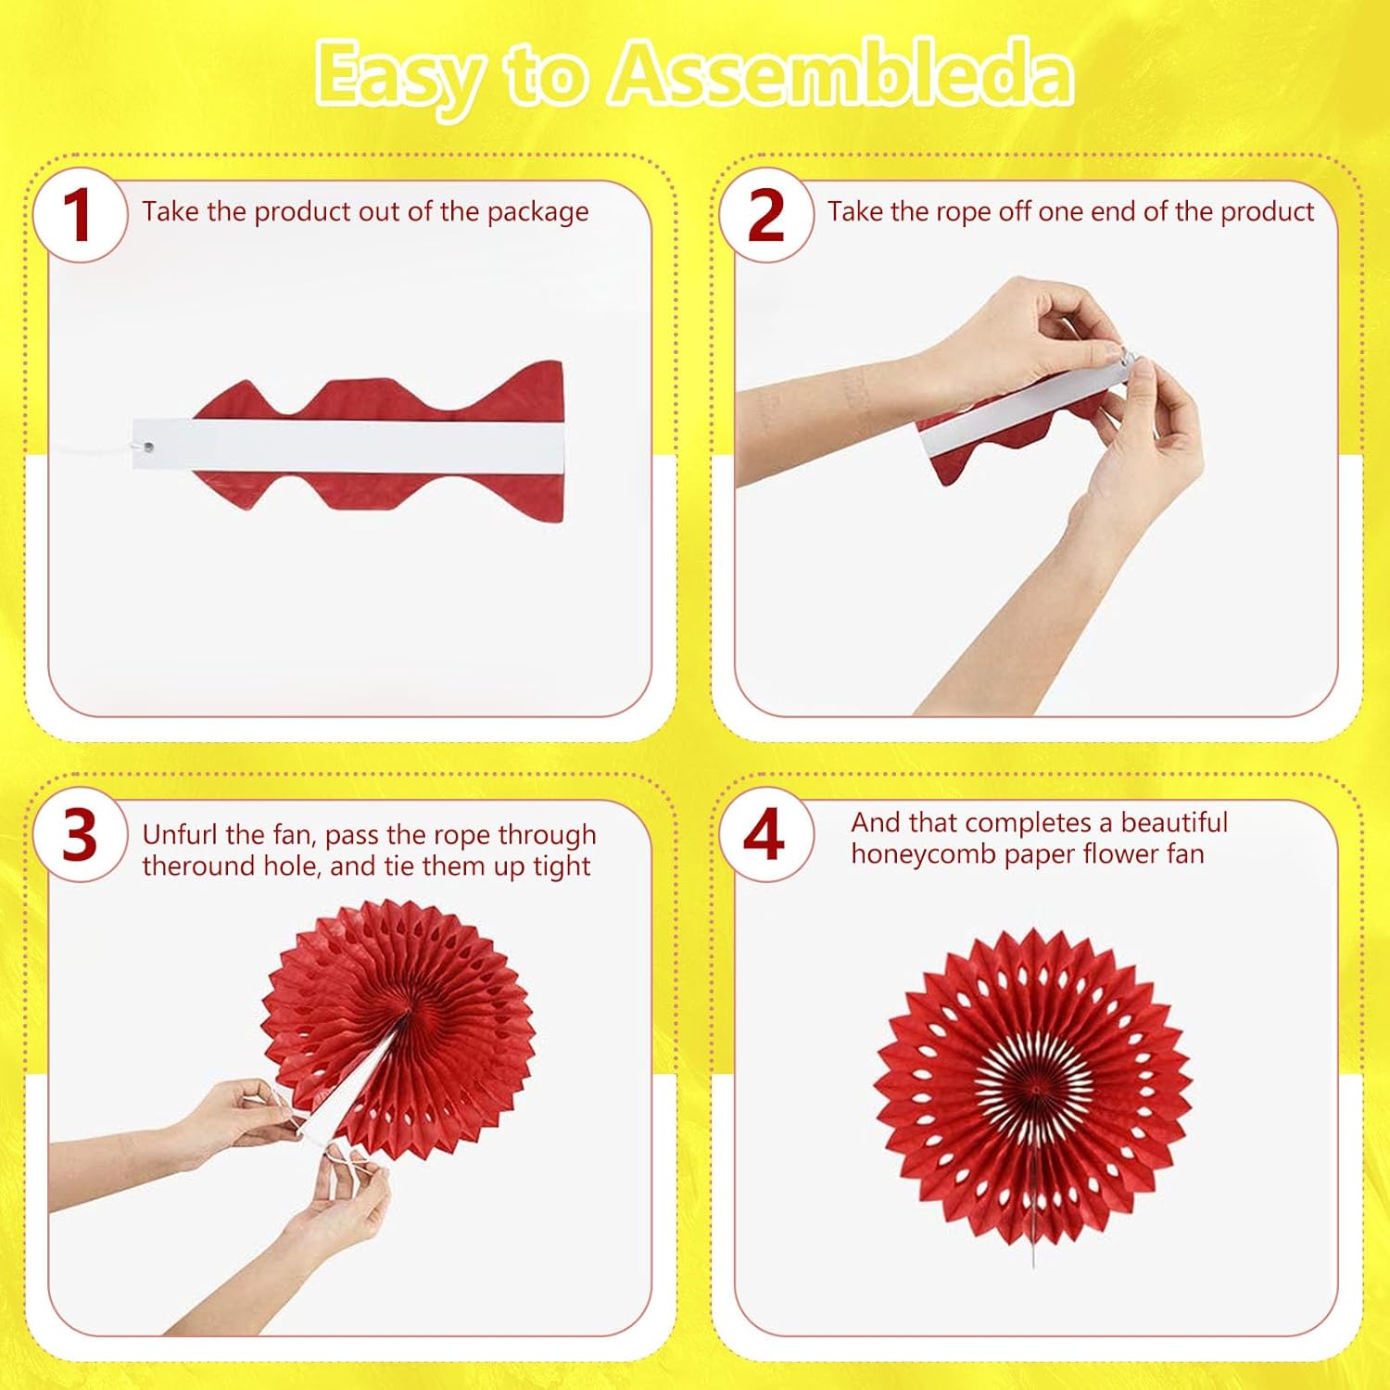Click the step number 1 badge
[x=80, y=215]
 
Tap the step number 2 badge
[x=765, y=215]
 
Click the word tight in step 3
[x=562, y=867]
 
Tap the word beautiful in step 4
[x=1174, y=823]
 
